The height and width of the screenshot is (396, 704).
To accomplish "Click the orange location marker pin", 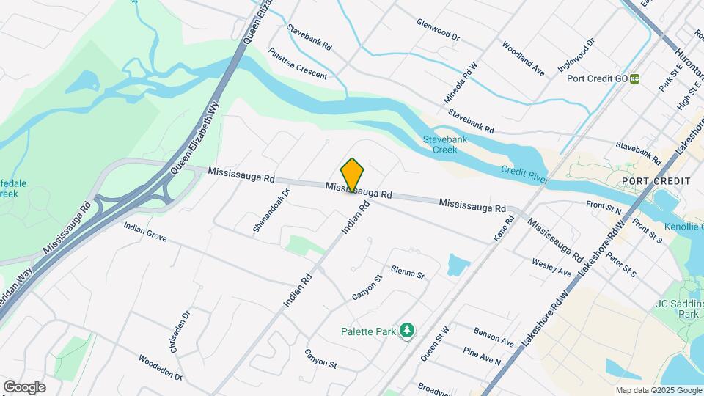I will tap(353, 175).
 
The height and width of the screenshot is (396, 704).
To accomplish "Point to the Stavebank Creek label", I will tap(440, 144).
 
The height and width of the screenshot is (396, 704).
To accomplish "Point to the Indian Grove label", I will tap(145, 232).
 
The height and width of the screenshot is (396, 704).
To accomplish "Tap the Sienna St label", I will tap(408, 273).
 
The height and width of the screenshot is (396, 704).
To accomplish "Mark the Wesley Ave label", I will tap(551, 267).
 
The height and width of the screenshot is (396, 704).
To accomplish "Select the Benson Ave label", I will tap(494, 337).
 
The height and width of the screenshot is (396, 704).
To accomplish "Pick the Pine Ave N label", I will tap(482, 357).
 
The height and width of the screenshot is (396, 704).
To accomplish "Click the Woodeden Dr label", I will tap(159, 364).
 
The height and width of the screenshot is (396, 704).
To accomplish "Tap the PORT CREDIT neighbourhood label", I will tap(656, 180).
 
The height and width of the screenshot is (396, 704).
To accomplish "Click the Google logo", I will tap(24, 386).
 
